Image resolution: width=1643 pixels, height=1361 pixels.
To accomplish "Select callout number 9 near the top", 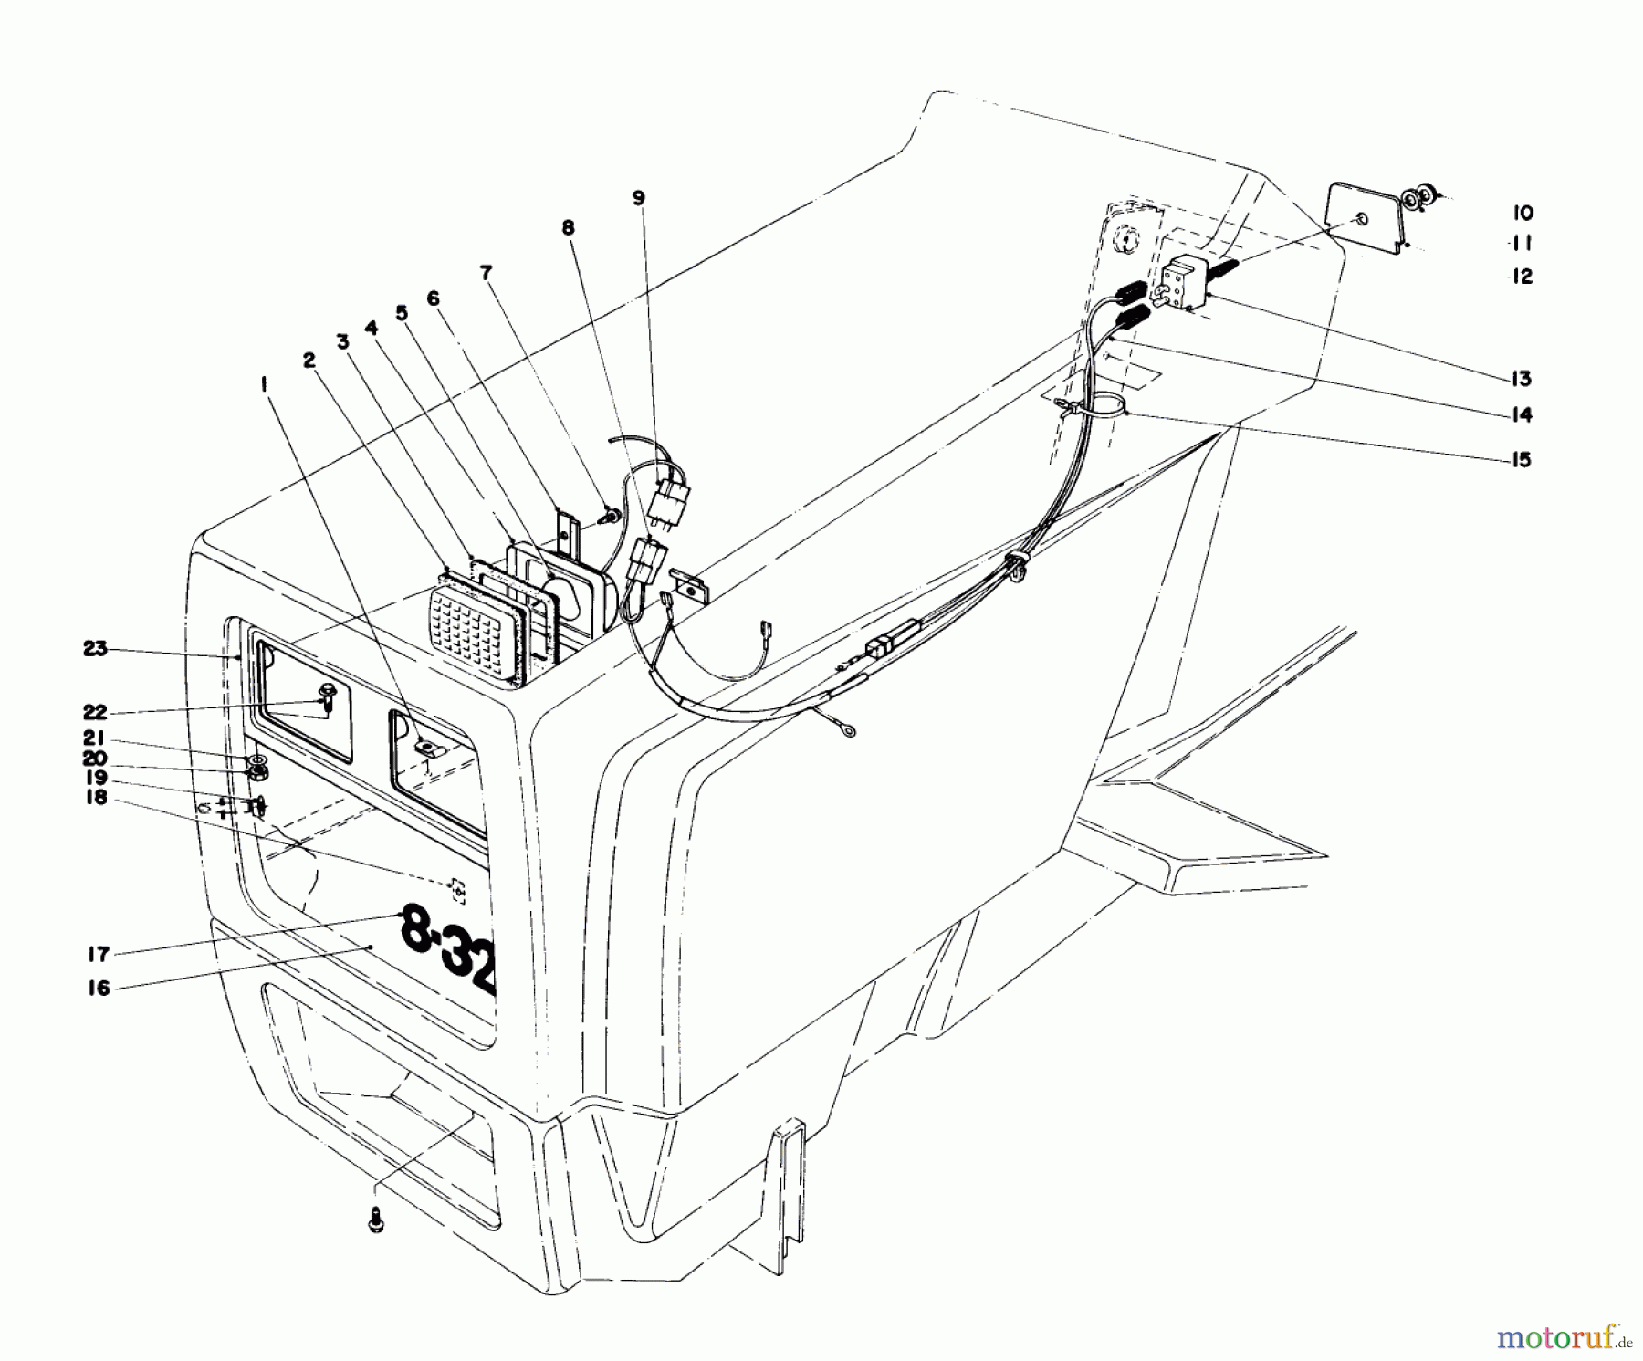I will [638, 197].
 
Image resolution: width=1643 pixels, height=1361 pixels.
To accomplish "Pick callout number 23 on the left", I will [95, 649].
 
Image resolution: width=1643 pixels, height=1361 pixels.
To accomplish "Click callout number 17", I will [98, 955].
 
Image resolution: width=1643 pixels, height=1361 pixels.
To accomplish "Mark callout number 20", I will [95, 759].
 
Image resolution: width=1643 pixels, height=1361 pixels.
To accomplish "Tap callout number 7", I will [486, 272].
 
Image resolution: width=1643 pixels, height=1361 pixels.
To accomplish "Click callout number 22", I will [95, 712].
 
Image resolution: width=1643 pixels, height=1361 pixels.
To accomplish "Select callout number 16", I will [98, 988].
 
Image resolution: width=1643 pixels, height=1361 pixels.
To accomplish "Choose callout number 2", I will [309, 361].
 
